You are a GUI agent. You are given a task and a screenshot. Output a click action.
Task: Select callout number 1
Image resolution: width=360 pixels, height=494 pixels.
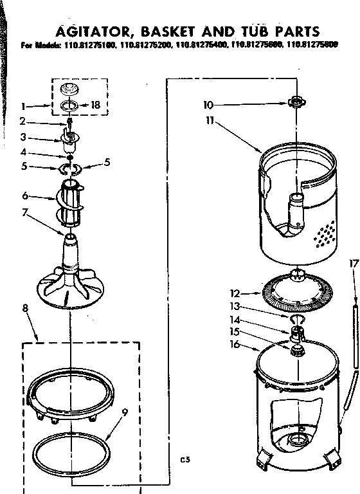tap(22, 105)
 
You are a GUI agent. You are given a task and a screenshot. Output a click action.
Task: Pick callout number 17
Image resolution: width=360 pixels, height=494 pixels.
tap(351, 262)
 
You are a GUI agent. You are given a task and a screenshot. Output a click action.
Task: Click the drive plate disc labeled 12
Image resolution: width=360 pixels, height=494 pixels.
tap(292, 293)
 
